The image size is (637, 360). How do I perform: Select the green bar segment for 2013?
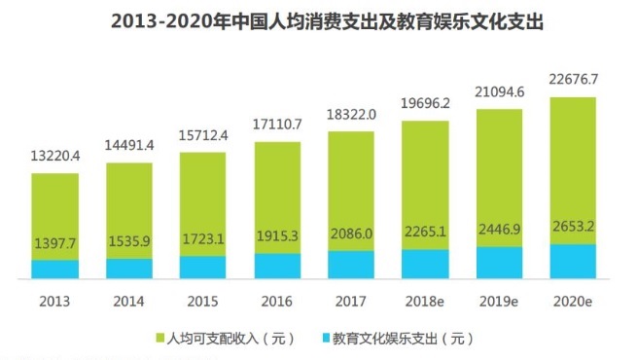[x=55, y=209]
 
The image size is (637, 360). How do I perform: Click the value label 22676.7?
[x=574, y=81]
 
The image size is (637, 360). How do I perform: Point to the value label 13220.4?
[x=55, y=157]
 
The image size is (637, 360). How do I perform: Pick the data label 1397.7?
[x=55, y=241]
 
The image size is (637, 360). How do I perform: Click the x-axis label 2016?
[x=277, y=303]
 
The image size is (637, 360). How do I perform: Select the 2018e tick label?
[x=425, y=303]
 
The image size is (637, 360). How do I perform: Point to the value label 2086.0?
[x=351, y=235]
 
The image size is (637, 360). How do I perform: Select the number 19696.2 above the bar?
[x=425, y=103]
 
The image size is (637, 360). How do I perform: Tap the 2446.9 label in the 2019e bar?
[x=499, y=231]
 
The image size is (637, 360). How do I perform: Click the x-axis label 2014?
[x=129, y=303]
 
